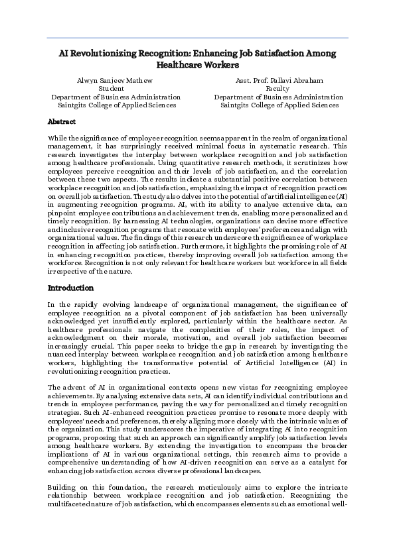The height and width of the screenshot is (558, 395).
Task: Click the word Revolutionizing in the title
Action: (x=106, y=53)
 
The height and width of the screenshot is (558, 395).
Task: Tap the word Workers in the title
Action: (x=219, y=66)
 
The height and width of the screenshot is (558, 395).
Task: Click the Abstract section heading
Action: (x=62, y=122)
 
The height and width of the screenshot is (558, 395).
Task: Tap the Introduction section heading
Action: (x=70, y=288)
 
